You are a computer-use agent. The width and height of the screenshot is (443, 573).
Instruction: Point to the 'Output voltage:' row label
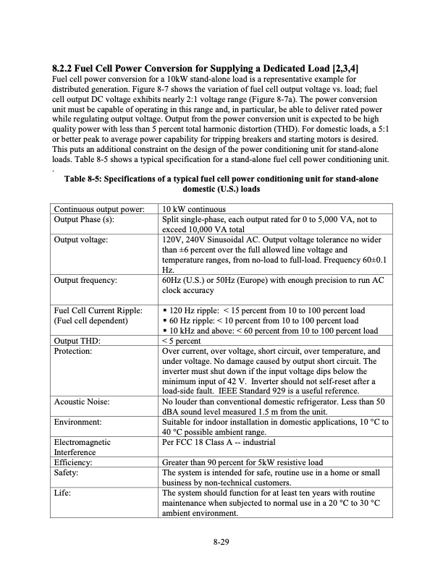(x=81, y=238)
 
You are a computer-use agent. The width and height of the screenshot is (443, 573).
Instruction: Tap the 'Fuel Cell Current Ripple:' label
(x=98, y=310)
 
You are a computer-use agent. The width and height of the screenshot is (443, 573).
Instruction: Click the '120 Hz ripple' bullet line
(x=263, y=310)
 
